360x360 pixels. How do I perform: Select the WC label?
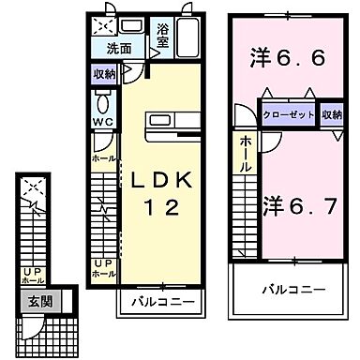pyautogui.click(x=103, y=122)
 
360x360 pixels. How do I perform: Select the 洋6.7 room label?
pyautogui.click(x=298, y=203)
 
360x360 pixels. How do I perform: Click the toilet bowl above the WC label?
pyautogui.click(x=103, y=101)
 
